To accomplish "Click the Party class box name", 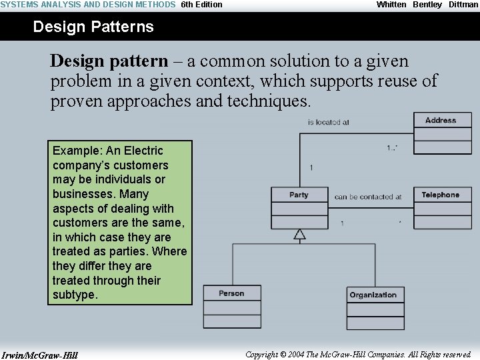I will pyautogui.click(x=299, y=195).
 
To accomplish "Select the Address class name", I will pyautogui.click(x=441, y=121).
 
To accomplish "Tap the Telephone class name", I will pyautogui.click(x=441, y=195).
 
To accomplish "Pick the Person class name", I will pyautogui.click(x=231, y=293).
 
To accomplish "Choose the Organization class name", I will pyautogui.click(x=373, y=295).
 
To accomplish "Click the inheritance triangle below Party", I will pyautogui.click(x=299, y=234).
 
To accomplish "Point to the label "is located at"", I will pyautogui.click(x=328, y=123).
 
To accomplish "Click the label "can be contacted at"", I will pyautogui.click(x=368, y=197).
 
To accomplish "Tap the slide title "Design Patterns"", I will pyautogui.click(x=93, y=27).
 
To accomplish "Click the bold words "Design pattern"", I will pyautogui.click(x=109, y=61).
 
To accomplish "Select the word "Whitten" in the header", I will pyautogui.click(x=391, y=5).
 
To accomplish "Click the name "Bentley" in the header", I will pyautogui.click(x=427, y=5).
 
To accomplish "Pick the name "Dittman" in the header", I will pyautogui.click(x=463, y=5).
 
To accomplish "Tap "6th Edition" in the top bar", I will pyautogui.click(x=201, y=5).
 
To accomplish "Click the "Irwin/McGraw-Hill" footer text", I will pyautogui.click(x=40, y=355).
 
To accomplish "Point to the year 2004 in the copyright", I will pyautogui.click(x=296, y=355).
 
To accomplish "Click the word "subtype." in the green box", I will pyautogui.click(x=75, y=295).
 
